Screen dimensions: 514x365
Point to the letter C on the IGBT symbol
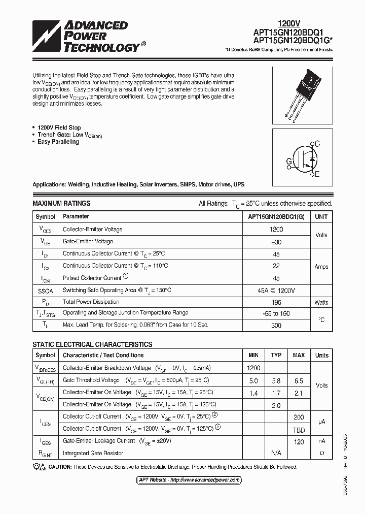(x=317, y=144)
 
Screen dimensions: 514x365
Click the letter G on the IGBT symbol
(x=289, y=162)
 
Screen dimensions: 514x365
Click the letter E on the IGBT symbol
(x=317, y=175)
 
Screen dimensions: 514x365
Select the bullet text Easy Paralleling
(x=58, y=142)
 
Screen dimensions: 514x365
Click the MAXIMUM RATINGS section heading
(x=61, y=203)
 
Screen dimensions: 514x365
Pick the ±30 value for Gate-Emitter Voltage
(x=276, y=242)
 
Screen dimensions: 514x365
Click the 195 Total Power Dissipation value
(x=276, y=302)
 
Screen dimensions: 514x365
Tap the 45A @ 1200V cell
(x=276, y=290)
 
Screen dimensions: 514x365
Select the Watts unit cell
(x=321, y=302)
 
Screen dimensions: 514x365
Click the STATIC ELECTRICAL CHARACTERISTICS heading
(x=92, y=344)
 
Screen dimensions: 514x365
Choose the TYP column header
(x=276, y=356)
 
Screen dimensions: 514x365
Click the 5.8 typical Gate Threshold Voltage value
(x=276, y=380)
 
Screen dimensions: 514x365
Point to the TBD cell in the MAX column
(x=299, y=429)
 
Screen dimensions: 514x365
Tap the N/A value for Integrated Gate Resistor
(x=276, y=453)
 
